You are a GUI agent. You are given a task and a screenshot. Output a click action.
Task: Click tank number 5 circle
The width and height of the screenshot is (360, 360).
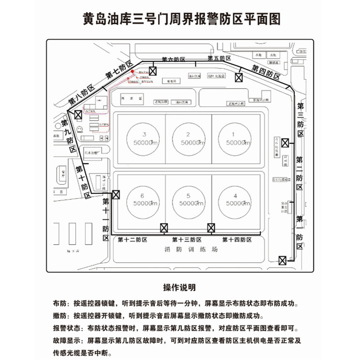point(188,198)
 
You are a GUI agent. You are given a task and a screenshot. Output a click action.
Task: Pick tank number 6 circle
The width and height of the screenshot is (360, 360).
point(143,198)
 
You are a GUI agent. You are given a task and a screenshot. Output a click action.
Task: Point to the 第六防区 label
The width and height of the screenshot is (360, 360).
point(173,60)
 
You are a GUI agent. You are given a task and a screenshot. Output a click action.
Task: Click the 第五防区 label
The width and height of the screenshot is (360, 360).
point(219,58)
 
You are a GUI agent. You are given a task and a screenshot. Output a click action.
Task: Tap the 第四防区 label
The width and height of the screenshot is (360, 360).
point(266,72)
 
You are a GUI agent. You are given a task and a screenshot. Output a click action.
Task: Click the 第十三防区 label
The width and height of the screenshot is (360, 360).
point(188,240)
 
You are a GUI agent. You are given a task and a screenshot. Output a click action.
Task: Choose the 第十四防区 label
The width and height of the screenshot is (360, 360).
point(238,240)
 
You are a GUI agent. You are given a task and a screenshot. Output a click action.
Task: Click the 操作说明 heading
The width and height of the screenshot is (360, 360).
point(180,288)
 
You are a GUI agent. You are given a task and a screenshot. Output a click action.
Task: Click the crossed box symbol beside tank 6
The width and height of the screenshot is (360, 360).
point(116,195)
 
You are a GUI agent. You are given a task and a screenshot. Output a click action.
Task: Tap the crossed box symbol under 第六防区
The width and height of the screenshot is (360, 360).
point(153,71)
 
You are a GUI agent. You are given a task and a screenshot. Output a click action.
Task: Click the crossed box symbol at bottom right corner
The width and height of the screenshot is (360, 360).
point(282,260)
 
